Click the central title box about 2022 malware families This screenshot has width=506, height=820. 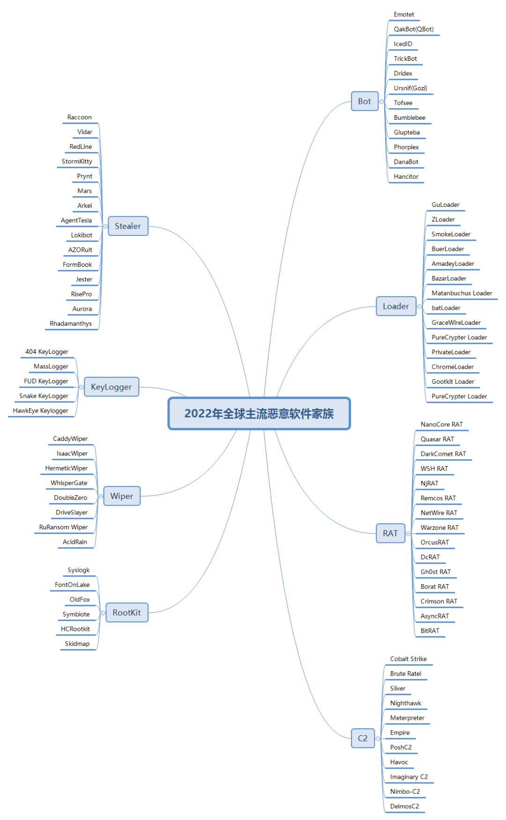(x=259, y=414)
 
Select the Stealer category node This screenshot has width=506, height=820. (x=128, y=226)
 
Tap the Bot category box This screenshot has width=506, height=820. (x=365, y=101)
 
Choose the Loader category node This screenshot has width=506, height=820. (x=396, y=306)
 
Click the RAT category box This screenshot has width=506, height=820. (x=390, y=533)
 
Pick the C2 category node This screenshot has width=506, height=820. (x=363, y=738)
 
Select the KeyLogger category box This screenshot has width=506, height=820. (x=112, y=387)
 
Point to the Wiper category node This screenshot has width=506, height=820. (x=122, y=496)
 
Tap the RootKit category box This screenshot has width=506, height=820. (x=126, y=613)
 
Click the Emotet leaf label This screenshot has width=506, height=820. (x=404, y=15)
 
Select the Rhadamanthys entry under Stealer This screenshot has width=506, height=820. (x=71, y=323)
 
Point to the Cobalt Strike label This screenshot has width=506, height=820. (x=409, y=659)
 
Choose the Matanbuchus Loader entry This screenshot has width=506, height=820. (x=462, y=293)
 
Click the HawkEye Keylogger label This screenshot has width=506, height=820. (x=41, y=410)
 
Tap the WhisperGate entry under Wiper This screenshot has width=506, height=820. (x=69, y=483)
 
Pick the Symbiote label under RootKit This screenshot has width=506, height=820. (x=76, y=614)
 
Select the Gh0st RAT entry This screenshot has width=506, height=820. (x=436, y=572)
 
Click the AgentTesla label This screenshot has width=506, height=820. (x=76, y=220)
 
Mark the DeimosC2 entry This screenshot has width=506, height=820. (x=405, y=806)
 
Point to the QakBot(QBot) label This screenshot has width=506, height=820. (x=414, y=29)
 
